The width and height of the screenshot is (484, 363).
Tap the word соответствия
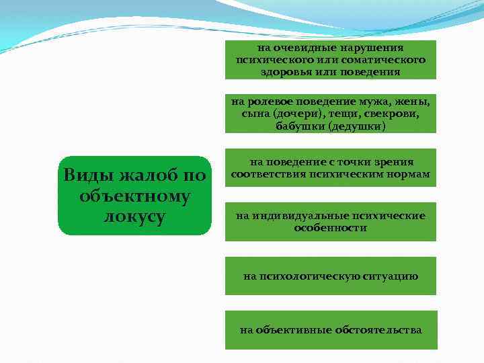click(x=268, y=175)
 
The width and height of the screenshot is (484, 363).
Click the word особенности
click(x=330, y=228)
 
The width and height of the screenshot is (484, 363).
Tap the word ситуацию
click(x=393, y=276)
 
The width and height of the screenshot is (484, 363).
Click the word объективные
click(x=290, y=330)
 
